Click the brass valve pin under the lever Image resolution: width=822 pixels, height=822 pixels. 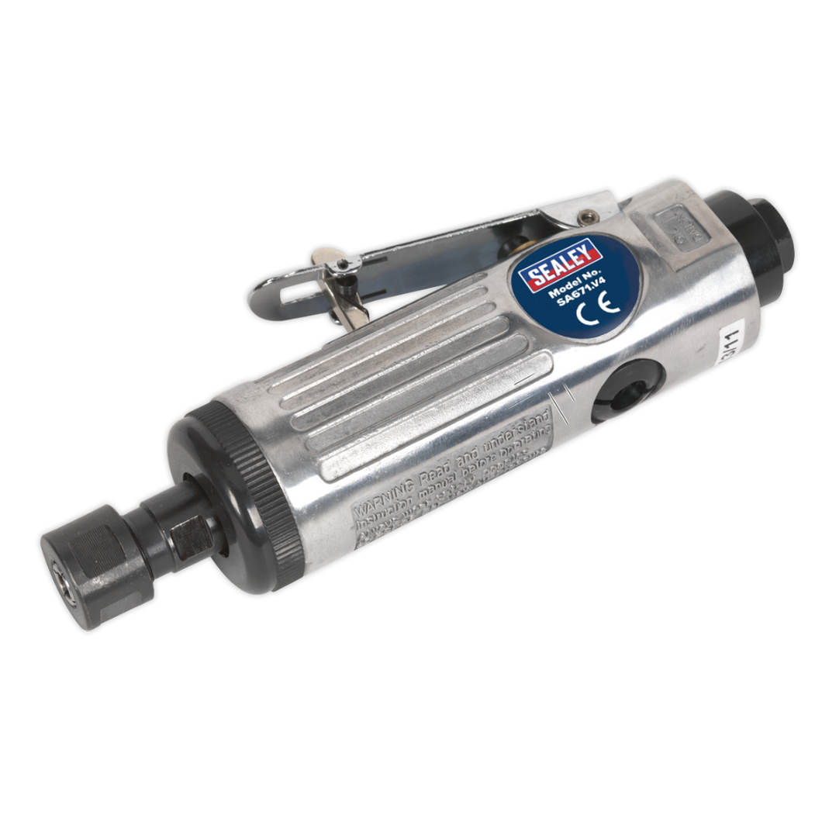[x=508, y=249]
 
